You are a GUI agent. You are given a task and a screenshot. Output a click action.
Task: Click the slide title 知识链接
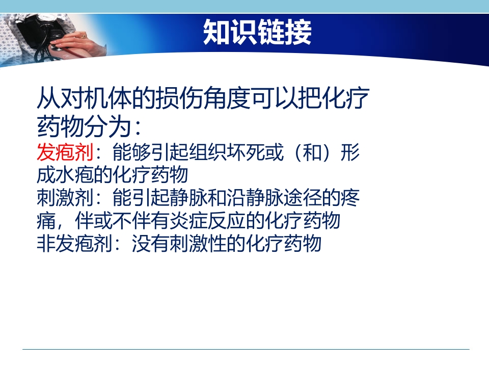[x=257, y=33]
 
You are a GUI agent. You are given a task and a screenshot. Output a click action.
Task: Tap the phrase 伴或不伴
[x=102, y=221]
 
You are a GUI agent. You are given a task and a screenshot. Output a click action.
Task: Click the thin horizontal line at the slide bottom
[x=245, y=349]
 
